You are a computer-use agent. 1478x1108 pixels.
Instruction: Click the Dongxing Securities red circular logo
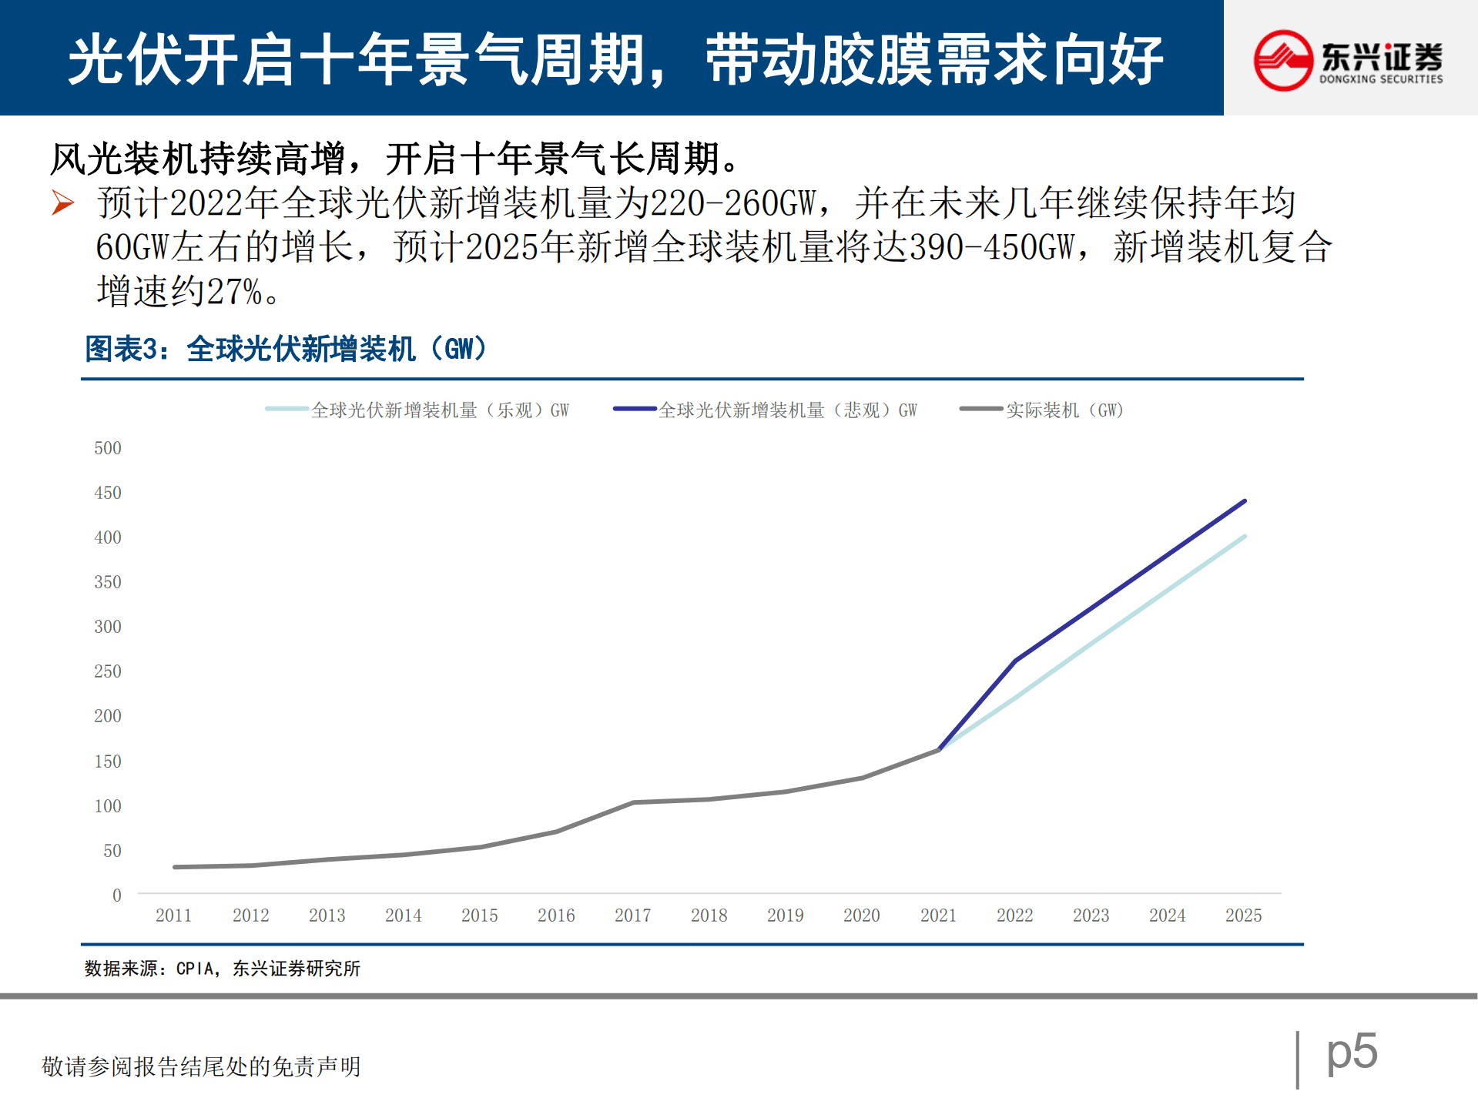1282,60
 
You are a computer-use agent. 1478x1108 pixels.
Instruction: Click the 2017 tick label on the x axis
632,915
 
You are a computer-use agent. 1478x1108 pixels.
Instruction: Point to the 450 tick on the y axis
108,493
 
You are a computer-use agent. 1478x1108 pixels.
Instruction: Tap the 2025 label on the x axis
1243,915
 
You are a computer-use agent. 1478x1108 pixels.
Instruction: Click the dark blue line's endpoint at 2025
1245,501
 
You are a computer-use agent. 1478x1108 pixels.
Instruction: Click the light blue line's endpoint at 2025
1245,536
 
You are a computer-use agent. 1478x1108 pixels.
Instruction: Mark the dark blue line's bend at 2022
1015,661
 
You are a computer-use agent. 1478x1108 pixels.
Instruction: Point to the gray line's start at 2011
175,867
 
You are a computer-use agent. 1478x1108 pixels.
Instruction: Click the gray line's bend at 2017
633,802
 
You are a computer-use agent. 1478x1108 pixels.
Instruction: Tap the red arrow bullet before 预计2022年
63,203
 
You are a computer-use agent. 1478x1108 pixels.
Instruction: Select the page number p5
1352,1051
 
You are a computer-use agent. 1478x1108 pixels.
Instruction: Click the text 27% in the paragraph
234,292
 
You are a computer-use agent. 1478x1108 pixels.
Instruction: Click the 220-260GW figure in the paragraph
732,203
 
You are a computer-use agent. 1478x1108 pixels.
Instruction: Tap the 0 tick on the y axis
117,895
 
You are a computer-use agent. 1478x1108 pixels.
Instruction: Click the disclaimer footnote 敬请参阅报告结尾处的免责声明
201,1066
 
